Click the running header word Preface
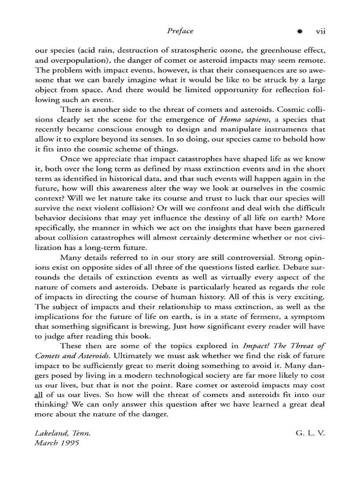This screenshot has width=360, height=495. tap(180, 31)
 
